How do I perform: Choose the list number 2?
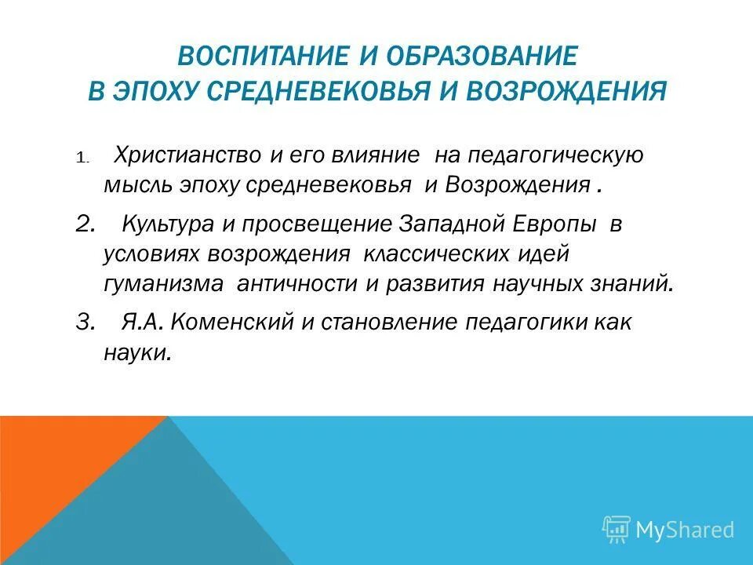[85, 224]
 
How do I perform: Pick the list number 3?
[85, 323]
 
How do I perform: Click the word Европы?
[558, 224]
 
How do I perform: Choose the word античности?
[296, 283]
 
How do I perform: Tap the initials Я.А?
[144, 323]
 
